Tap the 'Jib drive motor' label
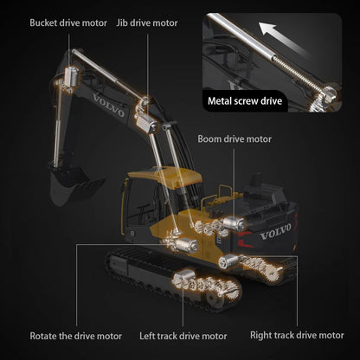pyautogui.click(x=147, y=22)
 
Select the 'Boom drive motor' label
pyautogui.click(x=235, y=138)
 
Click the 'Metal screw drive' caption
pyautogui.click(x=244, y=100)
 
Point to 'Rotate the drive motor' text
pyautogui.click(x=76, y=335)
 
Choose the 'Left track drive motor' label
pyautogui.click(x=183, y=335)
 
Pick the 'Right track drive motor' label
pyautogui.click(x=297, y=335)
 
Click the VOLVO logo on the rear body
pyautogui.click(x=275, y=232)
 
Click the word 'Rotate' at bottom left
pyautogui.click(x=45, y=335)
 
